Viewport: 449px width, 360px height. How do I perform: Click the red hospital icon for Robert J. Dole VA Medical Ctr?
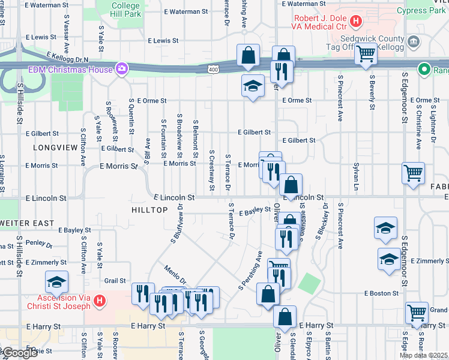click(x=356, y=22)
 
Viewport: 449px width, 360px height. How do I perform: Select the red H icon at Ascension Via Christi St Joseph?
click(x=100, y=300)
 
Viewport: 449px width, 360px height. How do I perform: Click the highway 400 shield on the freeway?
click(x=213, y=70)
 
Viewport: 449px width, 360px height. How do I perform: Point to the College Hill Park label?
click(x=125, y=9)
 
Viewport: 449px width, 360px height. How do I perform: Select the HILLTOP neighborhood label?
click(x=149, y=209)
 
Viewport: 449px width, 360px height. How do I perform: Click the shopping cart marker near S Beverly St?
click(x=366, y=55)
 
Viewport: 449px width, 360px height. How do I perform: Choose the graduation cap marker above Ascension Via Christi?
click(x=56, y=282)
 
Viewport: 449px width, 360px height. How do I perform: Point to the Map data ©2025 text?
click(x=423, y=355)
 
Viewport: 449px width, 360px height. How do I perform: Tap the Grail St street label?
click(x=115, y=280)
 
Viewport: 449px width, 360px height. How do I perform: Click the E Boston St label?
click(x=381, y=293)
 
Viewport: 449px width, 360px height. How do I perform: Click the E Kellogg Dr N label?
click(x=67, y=59)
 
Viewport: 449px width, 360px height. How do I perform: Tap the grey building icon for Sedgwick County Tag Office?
click(x=413, y=41)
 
